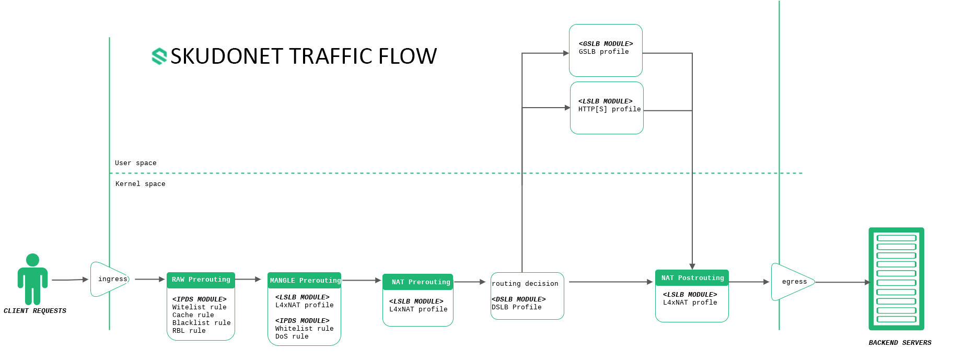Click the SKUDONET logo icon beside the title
click(x=159, y=56)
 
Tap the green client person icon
click(x=32, y=279)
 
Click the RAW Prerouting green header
click(x=201, y=280)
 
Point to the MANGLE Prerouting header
click(x=305, y=281)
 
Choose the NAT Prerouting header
click(x=418, y=282)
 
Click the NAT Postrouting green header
click(x=692, y=278)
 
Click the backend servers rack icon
click(x=897, y=279)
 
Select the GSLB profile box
click(x=606, y=50)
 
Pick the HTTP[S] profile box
click(x=607, y=108)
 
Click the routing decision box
click(x=527, y=296)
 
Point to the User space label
click(x=136, y=163)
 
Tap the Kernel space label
click(x=141, y=184)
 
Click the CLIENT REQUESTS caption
click(x=35, y=311)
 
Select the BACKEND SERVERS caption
click(x=900, y=343)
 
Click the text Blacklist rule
click(x=202, y=323)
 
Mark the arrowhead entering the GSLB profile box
click(x=566, y=53)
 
